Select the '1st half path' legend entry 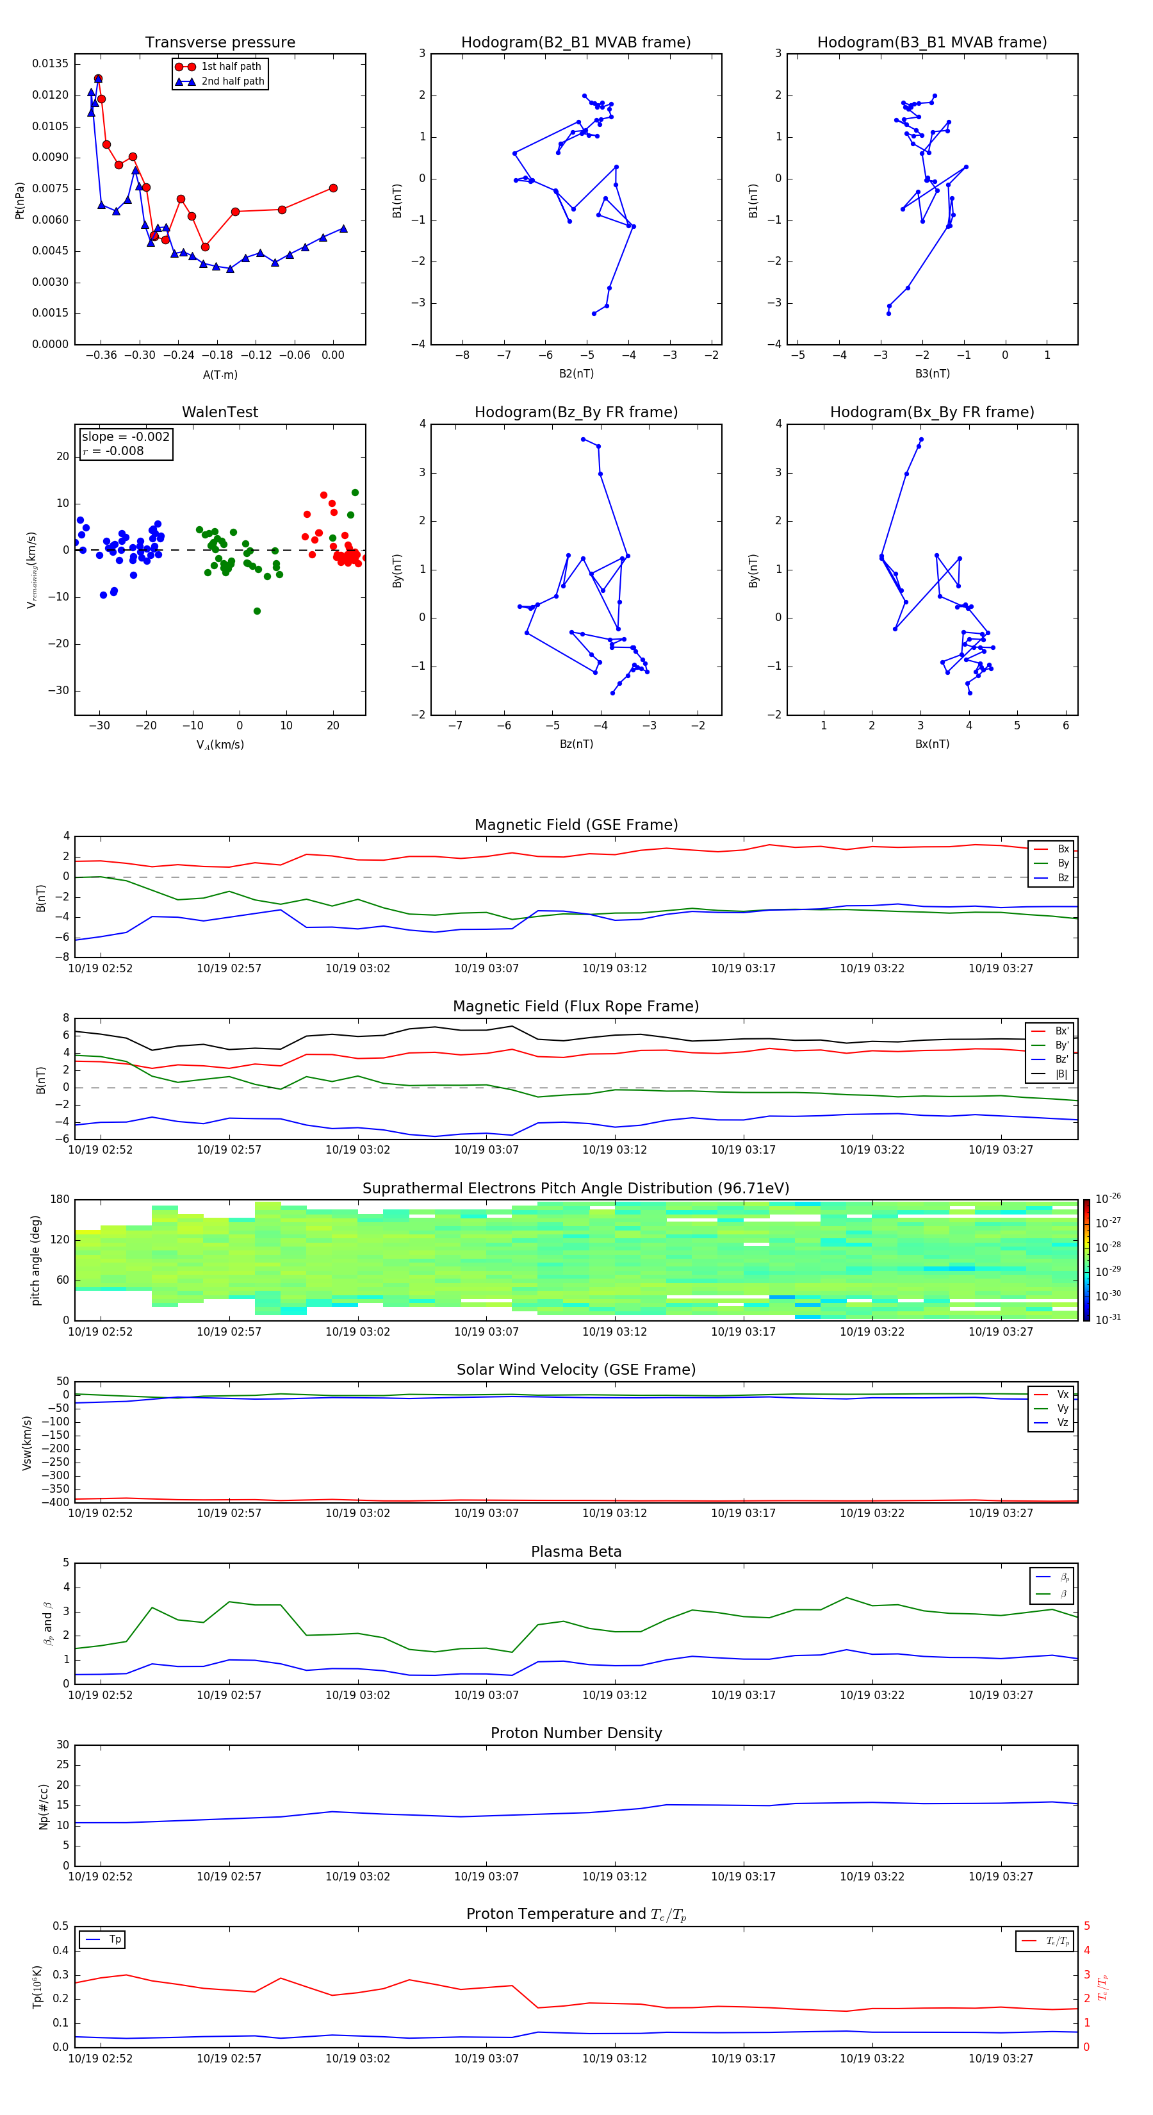[x=231, y=67]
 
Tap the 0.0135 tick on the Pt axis [x=50, y=64]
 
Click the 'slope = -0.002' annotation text [x=126, y=437]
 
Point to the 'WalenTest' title [x=220, y=412]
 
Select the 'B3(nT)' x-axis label [x=932, y=374]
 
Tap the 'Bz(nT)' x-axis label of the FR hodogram [x=576, y=744]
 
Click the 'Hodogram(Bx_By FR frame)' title [x=931, y=412]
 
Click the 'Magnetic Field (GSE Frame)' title [x=576, y=825]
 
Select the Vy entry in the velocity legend [x=1062, y=1408]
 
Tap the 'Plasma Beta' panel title [x=576, y=1552]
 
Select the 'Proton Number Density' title [x=576, y=1733]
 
